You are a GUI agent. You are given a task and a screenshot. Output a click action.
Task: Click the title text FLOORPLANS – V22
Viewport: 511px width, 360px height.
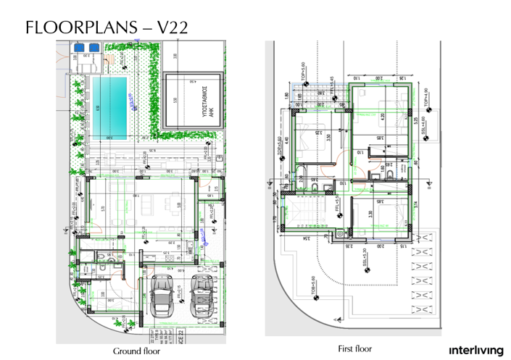click(x=107, y=28)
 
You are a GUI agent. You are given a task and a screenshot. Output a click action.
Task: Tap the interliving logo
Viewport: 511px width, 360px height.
click(x=476, y=350)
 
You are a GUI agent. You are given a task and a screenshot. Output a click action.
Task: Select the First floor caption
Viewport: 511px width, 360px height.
click(x=355, y=348)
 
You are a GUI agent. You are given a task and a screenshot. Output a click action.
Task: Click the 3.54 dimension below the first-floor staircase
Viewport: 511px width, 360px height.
click(x=307, y=238)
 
